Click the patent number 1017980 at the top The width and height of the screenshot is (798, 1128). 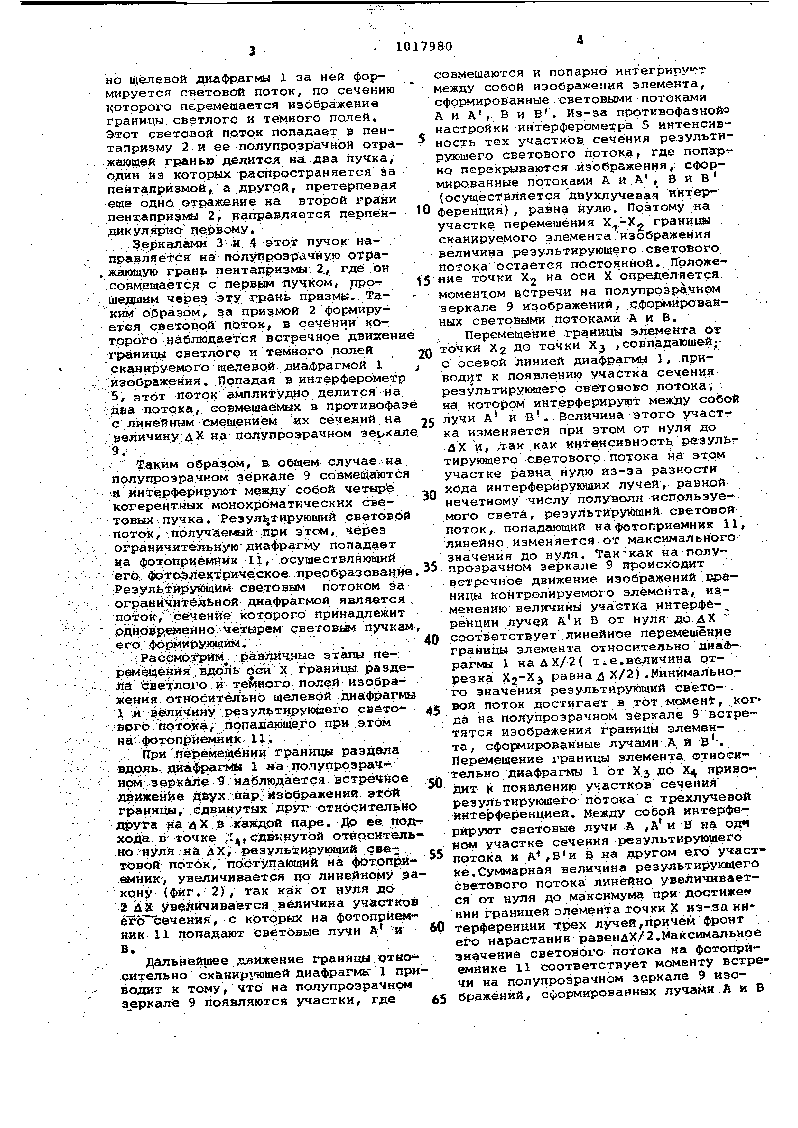[x=423, y=46]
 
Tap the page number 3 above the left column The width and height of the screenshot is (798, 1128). [x=252, y=50]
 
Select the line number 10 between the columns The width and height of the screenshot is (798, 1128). [x=422, y=210]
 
